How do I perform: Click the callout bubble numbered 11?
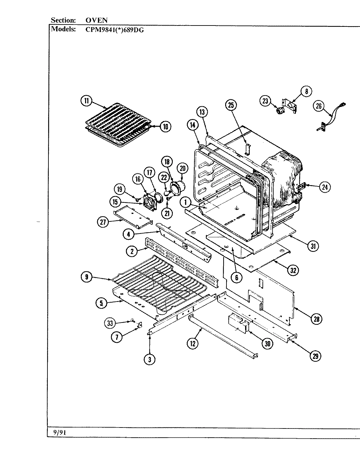click(86, 101)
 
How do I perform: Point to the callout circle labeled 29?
click(315, 356)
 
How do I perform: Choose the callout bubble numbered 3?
click(150, 359)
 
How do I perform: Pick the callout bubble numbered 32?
click(294, 270)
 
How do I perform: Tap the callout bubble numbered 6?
click(236, 277)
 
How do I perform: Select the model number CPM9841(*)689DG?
click(112, 29)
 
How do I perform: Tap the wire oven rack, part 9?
click(160, 281)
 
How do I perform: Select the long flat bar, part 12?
click(223, 335)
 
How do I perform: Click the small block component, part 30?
click(238, 323)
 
